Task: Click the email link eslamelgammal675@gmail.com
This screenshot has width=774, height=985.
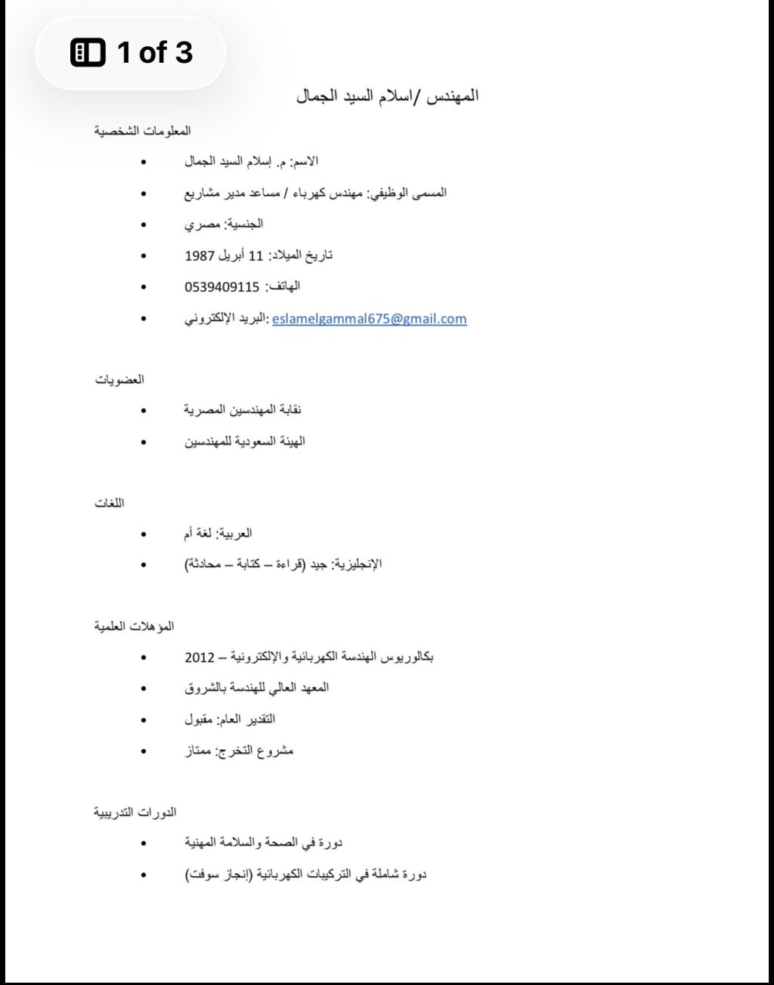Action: (369, 318)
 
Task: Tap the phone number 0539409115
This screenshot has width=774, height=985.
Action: (222, 287)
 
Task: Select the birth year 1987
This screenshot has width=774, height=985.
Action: (200, 256)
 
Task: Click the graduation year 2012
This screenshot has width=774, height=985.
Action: (200, 658)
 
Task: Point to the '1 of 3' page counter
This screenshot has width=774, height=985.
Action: (155, 53)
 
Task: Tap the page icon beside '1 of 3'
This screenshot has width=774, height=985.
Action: (88, 53)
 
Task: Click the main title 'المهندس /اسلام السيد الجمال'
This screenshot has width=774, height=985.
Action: (387, 96)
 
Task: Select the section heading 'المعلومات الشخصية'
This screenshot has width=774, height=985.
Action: (142, 131)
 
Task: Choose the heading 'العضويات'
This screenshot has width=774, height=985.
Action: (119, 379)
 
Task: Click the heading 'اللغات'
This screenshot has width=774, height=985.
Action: (110, 503)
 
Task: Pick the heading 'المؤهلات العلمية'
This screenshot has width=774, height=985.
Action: (134, 626)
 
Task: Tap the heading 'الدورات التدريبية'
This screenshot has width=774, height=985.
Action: (135, 812)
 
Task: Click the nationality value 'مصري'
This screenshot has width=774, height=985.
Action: (202, 225)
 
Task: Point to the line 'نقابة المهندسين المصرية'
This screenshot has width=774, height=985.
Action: (243, 410)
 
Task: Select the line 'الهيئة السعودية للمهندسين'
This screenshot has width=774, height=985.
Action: (245, 441)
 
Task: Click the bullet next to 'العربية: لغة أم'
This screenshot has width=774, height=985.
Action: (144, 534)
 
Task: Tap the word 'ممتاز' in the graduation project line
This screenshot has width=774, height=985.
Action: (198, 751)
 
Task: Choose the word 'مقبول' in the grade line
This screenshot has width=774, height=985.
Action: (200, 720)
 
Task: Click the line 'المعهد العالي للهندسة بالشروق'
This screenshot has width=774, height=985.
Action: (257, 688)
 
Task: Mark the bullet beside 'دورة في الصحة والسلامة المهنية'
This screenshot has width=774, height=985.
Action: (144, 843)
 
